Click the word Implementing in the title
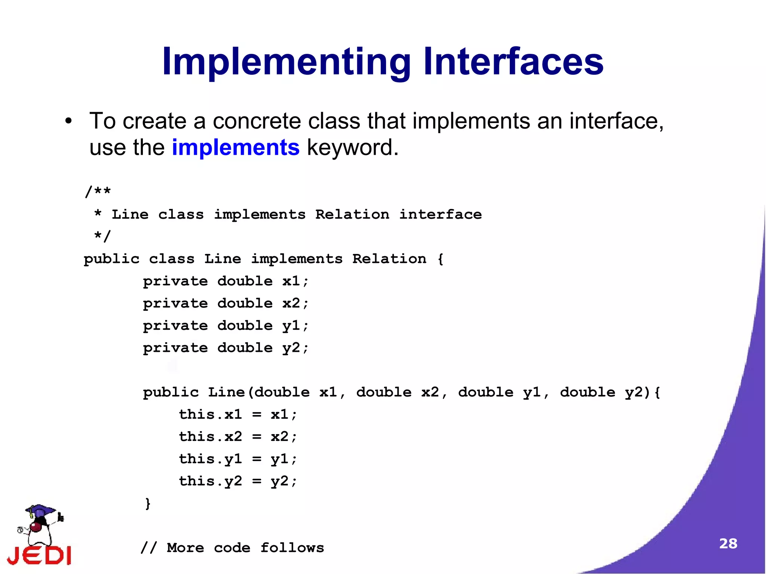coord(286,62)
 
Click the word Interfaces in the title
coord(513,62)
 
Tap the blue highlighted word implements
coord(236,147)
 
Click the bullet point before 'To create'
coord(68,122)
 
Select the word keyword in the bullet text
coord(352,147)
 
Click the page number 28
coord(728,543)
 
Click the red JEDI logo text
coord(39,555)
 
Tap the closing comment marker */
coord(102,236)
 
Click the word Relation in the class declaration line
coord(389,259)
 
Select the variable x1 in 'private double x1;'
coord(291,281)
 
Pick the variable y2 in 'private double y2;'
coord(291,348)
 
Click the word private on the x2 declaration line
coord(175,304)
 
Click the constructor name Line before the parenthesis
coord(226,392)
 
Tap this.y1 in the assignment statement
coord(210,459)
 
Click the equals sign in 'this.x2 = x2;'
coord(257,437)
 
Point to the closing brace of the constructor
coord(148,503)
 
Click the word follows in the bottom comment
coord(292,548)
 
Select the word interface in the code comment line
coord(440,214)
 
